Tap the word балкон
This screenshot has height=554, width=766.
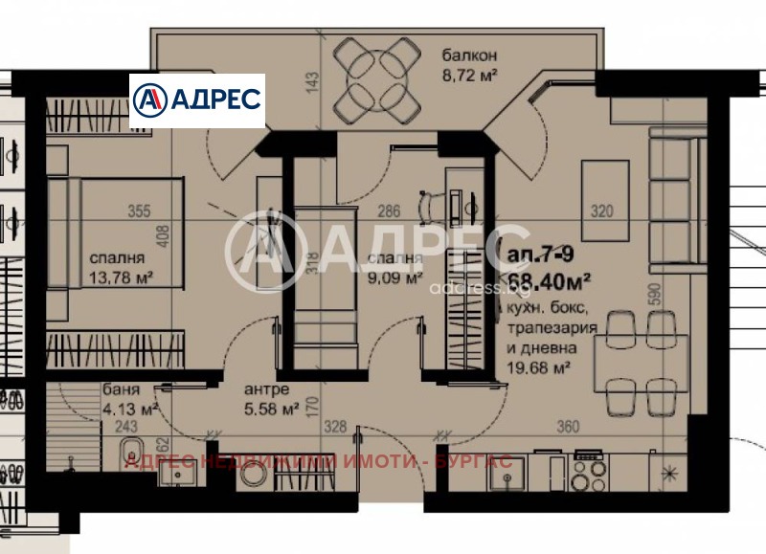point(463,55)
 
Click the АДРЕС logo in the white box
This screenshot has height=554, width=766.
point(197,100)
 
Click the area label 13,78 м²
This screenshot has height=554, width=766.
point(123,277)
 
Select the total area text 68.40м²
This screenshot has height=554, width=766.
point(548,279)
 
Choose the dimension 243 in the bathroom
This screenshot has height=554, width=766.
point(125,427)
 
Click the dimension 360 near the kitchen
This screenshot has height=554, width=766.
point(569,427)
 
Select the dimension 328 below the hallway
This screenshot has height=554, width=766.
point(332,427)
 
